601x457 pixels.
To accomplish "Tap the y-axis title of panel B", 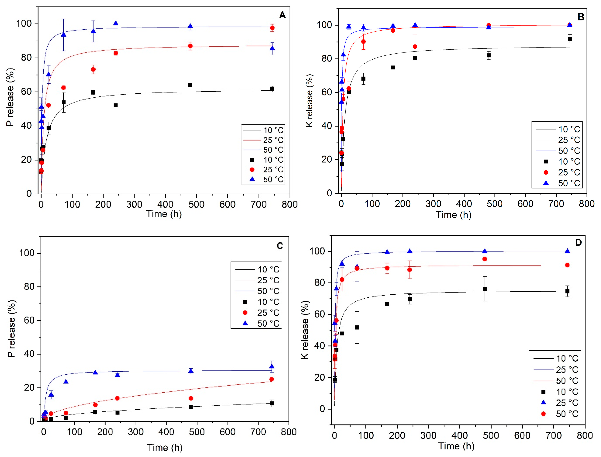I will click(x=310, y=101).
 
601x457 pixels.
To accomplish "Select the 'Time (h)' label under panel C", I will click(x=165, y=447).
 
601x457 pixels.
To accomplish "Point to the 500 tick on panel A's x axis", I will click(x=196, y=204).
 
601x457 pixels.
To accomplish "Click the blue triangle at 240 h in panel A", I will click(x=116, y=24).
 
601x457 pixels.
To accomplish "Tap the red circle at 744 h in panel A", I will click(x=272, y=28).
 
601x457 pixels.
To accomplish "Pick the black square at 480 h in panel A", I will click(x=190, y=85).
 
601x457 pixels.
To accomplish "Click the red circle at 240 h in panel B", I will click(x=415, y=47).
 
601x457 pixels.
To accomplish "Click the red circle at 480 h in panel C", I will click(x=191, y=398).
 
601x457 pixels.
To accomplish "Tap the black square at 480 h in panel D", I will click(x=485, y=289).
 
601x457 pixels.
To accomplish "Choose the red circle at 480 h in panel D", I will click(x=485, y=259).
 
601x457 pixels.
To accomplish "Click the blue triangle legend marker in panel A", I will click(x=252, y=179).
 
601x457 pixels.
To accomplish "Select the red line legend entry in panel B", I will click(x=546, y=140).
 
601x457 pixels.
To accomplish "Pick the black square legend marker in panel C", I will click(x=245, y=302).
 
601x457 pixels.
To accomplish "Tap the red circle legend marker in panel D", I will click(x=543, y=414).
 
